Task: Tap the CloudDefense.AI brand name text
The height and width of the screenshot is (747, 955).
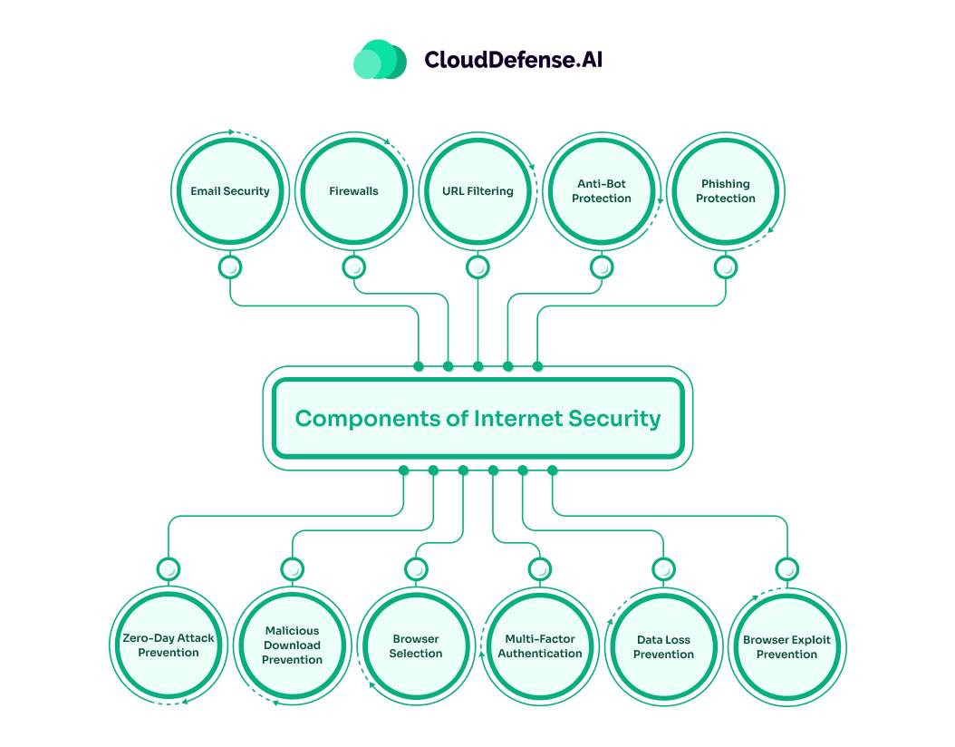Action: coord(513,60)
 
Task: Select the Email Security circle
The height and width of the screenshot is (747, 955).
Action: coord(230,191)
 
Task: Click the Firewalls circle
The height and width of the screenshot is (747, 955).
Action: coord(353,191)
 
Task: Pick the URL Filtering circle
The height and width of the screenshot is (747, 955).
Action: coord(477,191)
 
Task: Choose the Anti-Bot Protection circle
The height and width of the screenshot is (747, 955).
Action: coord(602,191)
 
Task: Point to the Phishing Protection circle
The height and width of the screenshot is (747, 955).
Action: coord(726,191)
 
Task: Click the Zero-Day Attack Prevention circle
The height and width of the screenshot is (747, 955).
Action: coord(169,645)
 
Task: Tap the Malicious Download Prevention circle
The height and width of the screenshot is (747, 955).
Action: coord(292,645)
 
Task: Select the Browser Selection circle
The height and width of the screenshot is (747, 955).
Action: coord(416,645)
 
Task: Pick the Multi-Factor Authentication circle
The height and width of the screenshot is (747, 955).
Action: coord(540,645)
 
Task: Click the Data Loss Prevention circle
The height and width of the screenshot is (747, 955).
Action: coord(663,645)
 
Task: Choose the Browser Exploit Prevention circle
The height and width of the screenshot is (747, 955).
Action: coord(786,645)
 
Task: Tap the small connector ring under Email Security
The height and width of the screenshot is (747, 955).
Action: coord(230,267)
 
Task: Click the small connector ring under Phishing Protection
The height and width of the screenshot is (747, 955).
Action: coord(726,267)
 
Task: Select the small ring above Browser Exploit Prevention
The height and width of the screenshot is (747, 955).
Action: coord(786,569)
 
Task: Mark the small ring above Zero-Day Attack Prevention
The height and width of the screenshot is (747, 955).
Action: coord(169,569)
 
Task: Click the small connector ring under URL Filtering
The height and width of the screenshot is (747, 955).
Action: coord(477,267)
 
